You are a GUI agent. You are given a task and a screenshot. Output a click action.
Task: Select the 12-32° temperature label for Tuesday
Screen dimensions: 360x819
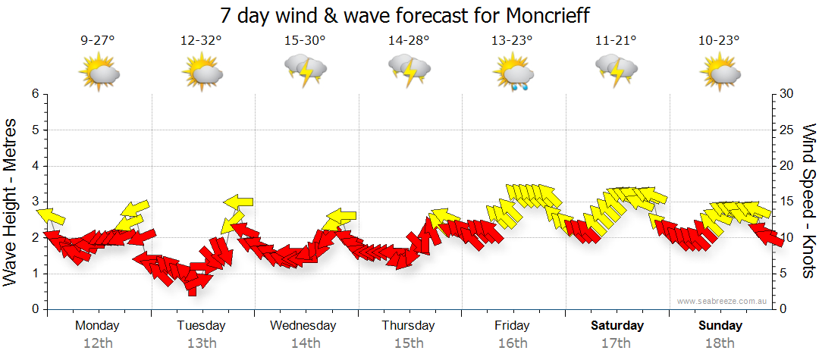(x=202, y=41)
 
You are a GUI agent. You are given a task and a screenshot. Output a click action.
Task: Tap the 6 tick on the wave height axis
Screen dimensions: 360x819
(x=35, y=94)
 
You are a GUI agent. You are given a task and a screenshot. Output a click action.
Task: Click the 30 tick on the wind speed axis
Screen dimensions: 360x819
(x=786, y=94)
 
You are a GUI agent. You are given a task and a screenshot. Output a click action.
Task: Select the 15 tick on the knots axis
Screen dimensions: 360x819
(x=786, y=202)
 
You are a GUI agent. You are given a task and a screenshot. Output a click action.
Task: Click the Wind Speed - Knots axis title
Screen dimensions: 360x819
(x=808, y=201)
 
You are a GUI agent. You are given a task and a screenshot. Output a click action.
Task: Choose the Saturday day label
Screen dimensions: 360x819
(x=617, y=326)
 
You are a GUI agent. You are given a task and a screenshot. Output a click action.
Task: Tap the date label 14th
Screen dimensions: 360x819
(x=305, y=343)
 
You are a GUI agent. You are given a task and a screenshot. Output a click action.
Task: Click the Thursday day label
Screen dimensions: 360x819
(x=408, y=326)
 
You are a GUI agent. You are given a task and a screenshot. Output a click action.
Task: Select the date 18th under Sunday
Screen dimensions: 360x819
(x=720, y=343)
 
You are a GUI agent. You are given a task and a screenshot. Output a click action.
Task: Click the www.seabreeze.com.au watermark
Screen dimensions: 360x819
(x=723, y=301)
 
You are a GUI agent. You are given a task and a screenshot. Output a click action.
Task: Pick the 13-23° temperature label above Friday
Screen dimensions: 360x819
(x=513, y=41)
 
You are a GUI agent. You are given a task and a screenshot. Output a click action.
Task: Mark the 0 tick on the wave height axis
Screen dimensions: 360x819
(x=35, y=309)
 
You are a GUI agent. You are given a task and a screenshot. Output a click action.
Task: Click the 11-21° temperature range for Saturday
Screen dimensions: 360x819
(x=616, y=41)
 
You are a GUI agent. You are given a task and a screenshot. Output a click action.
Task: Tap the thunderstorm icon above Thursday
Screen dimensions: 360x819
(x=409, y=70)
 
